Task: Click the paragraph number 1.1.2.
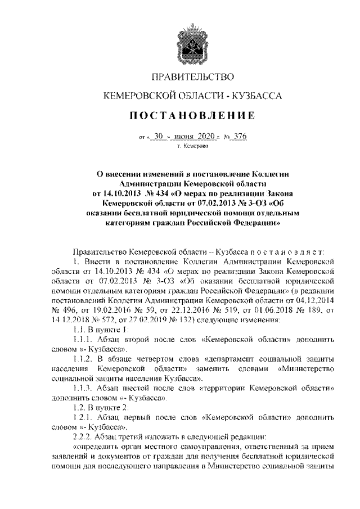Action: click(x=84, y=359)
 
